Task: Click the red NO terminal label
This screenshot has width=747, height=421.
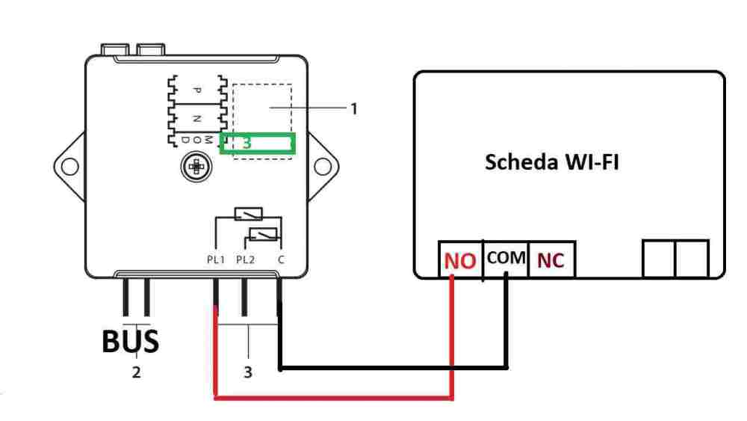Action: tap(460, 260)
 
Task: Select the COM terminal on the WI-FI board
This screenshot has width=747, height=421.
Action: tap(506, 258)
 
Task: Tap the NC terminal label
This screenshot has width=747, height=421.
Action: tap(551, 260)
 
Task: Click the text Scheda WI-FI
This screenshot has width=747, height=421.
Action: tap(551, 162)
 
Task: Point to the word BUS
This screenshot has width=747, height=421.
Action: tap(130, 341)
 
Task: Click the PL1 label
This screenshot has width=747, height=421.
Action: tap(216, 259)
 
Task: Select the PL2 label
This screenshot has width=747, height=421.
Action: tap(245, 259)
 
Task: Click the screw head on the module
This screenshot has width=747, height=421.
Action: tap(195, 166)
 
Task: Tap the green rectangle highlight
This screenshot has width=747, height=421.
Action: tap(258, 144)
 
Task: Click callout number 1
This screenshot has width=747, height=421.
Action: tap(354, 108)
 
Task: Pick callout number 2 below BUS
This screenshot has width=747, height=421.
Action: tap(136, 372)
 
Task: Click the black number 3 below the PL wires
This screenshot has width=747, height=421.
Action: tap(248, 372)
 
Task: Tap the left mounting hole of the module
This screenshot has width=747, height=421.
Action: tap(69, 165)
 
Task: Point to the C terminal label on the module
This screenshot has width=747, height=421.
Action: tap(280, 259)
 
